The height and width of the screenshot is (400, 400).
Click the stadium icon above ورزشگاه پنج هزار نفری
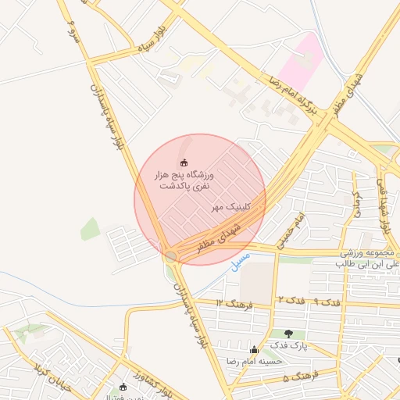184,162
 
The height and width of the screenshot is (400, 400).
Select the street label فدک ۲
290,300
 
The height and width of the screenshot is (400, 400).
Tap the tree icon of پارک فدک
299,334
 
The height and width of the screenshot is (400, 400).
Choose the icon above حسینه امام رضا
253,349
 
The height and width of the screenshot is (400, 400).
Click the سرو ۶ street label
72,32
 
